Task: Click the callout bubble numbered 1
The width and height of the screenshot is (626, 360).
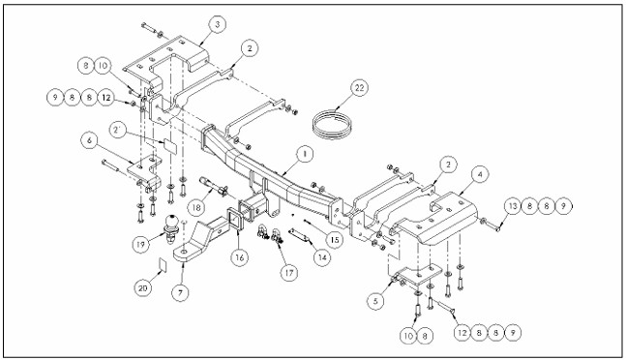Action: click(x=303, y=153)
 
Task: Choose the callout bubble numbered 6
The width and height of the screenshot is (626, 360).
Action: click(x=89, y=139)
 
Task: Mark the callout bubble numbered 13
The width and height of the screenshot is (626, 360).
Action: click(x=510, y=206)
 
